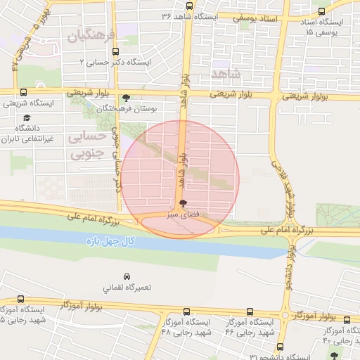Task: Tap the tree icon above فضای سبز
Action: [183, 202]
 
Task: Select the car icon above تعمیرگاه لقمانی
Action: [127, 277]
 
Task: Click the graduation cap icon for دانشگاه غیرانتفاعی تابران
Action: [27, 118]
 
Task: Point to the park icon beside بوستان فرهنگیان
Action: [126, 98]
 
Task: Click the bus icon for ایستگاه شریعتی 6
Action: [23, 92]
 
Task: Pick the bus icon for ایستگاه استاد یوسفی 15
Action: [322, 12]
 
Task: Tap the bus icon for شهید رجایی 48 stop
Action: [186, 311]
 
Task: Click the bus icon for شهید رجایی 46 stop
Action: [250, 311]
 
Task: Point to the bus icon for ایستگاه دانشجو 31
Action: [281, 347]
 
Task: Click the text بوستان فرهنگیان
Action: [154, 109]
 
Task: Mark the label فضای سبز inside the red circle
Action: [181, 214]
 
